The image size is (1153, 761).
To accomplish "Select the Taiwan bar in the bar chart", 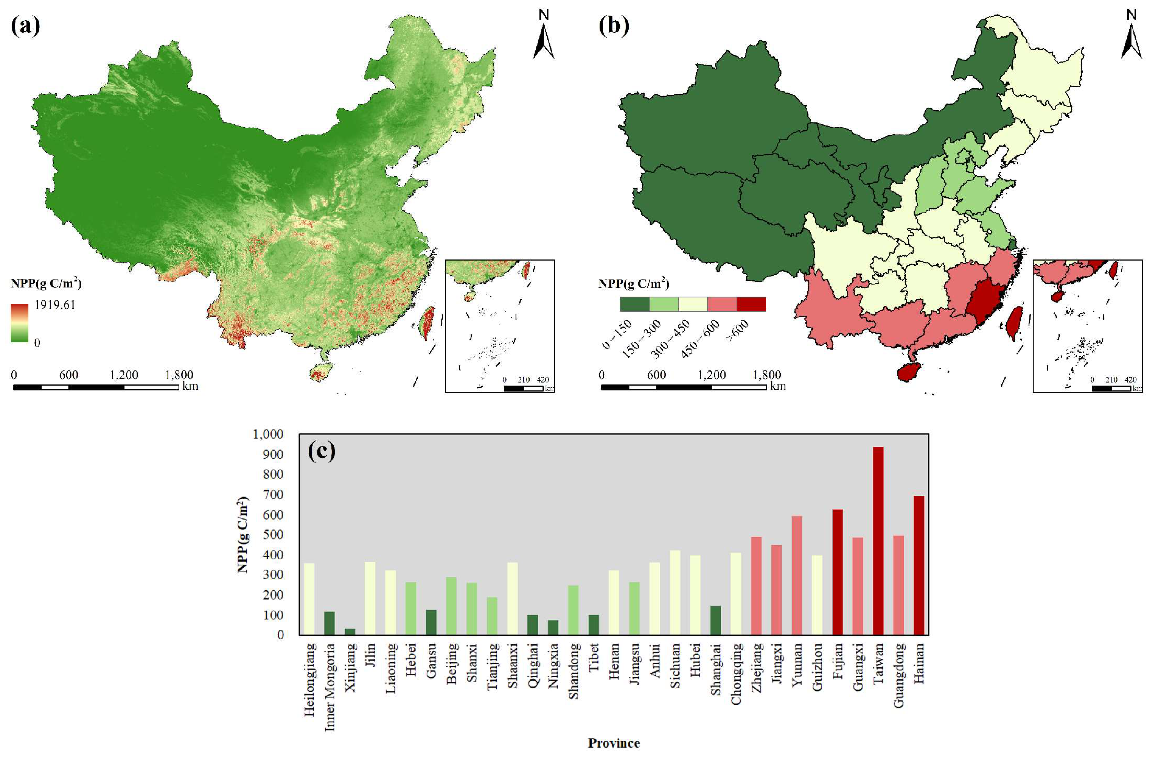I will click(x=878, y=541).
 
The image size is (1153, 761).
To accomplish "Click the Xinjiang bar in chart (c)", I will click(x=350, y=631).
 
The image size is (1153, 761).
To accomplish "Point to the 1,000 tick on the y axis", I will click(x=268, y=434).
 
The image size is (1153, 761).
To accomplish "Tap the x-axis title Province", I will click(x=614, y=743).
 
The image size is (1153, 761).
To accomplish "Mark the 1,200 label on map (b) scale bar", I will click(x=711, y=375).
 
